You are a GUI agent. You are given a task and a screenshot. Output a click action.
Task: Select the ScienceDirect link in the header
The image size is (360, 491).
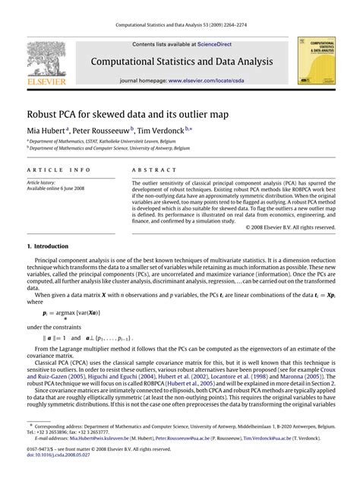coord(214,45)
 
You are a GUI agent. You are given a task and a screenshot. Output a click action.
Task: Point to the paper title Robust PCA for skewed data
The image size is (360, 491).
coord(128,113)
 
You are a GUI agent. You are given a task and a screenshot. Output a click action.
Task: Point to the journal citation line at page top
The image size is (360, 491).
coord(180,25)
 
